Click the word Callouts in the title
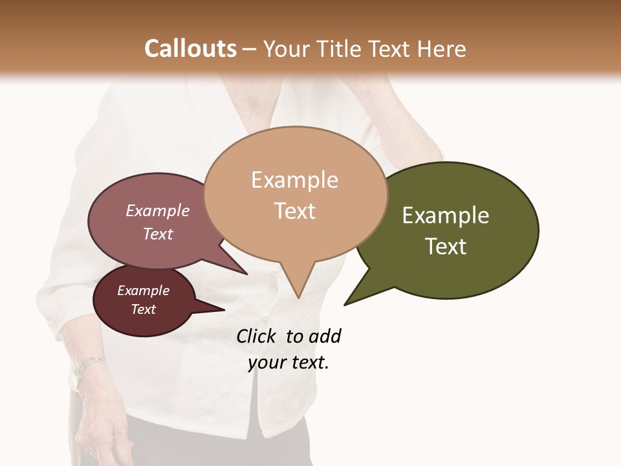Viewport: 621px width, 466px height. click(x=190, y=49)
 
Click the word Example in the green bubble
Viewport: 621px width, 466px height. click(x=446, y=216)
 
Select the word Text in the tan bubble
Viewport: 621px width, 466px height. click(x=295, y=211)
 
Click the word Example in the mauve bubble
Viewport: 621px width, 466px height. click(x=158, y=210)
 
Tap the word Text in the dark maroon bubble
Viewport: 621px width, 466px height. click(x=144, y=309)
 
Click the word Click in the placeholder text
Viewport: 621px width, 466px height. click(x=257, y=336)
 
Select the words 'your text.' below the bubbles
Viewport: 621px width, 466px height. click(x=289, y=363)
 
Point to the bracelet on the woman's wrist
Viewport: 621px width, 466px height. click(x=87, y=366)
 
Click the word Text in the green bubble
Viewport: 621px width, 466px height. click(x=446, y=247)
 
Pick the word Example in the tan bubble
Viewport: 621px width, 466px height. click(x=295, y=180)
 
